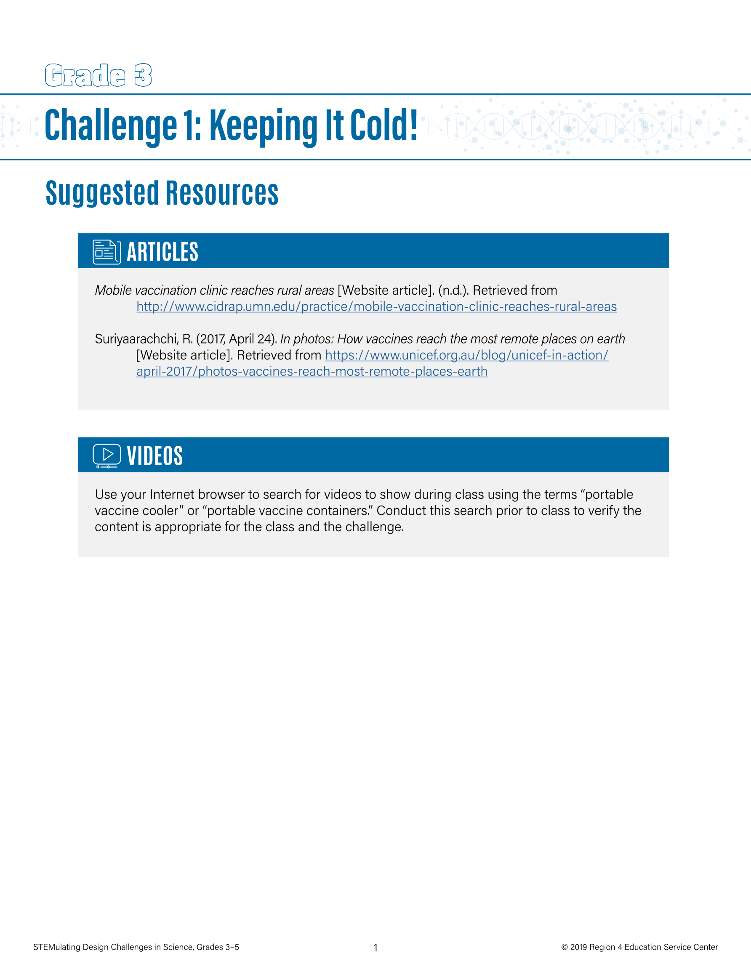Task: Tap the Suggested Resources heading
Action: [x=162, y=193]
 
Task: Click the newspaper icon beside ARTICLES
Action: [x=107, y=252]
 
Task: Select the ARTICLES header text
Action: [x=162, y=252]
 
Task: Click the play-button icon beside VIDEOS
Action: [x=107, y=456]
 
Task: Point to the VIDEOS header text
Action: [x=155, y=456]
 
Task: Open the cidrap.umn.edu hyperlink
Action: [x=376, y=306]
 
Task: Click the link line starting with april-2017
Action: [x=312, y=372]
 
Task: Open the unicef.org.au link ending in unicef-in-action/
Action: [x=466, y=355]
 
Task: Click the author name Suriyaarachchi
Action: [x=136, y=339]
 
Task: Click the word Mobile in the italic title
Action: [x=113, y=290]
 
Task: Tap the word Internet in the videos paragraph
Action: [x=172, y=495]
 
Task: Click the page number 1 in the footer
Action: [x=375, y=948]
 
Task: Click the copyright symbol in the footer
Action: [x=565, y=947]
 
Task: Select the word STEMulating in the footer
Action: [x=56, y=947]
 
